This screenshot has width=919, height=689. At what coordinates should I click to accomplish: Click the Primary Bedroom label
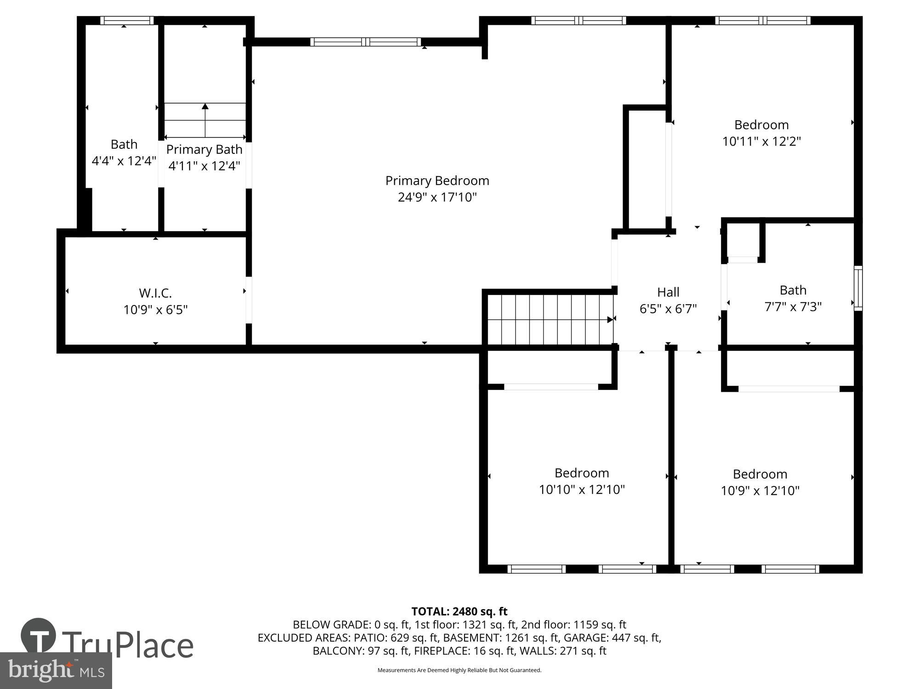(x=437, y=181)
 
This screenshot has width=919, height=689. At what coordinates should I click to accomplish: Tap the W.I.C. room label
(x=155, y=293)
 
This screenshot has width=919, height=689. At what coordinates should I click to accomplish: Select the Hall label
(x=668, y=292)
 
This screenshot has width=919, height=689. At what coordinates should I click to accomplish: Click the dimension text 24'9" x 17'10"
(x=437, y=197)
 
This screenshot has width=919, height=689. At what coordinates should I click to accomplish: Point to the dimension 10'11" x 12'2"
(x=761, y=141)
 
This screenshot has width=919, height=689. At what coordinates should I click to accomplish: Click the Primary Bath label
(x=204, y=149)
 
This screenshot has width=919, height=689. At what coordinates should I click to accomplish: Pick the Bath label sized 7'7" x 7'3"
(x=793, y=290)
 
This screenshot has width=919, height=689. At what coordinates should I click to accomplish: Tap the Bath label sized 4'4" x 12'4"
(x=124, y=144)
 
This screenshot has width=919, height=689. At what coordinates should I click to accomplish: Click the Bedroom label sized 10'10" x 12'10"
(x=582, y=473)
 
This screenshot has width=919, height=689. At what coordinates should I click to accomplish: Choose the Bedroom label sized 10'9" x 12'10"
(x=760, y=474)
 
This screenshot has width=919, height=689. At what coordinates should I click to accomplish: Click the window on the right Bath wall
(x=858, y=288)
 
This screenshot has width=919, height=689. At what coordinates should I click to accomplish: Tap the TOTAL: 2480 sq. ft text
(x=459, y=611)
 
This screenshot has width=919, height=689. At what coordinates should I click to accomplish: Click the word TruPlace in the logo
(x=127, y=645)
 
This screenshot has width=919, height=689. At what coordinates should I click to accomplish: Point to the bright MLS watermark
(x=56, y=671)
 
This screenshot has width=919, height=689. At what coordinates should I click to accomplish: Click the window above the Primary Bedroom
(x=366, y=42)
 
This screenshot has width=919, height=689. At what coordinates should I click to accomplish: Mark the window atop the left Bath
(x=127, y=20)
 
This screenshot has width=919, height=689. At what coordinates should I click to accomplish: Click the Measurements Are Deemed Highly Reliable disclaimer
(x=459, y=670)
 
